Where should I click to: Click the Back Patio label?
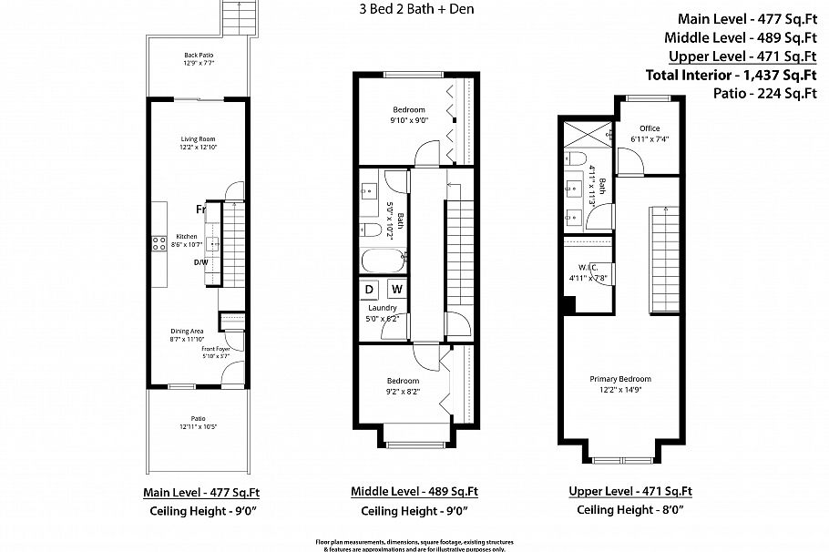point(198,56)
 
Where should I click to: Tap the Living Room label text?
point(198,139)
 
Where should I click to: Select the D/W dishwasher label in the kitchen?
point(200,263)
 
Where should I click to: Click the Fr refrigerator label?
point(200,210)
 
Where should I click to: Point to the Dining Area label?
point(186,331)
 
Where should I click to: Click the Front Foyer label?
point(216,349)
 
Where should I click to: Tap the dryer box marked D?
point(370,290)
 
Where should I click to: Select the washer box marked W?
point(396,290)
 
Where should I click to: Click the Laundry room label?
point(383,308)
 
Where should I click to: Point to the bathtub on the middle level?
point(381,261)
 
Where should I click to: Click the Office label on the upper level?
point(649,128)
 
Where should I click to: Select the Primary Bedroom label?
point(619,379)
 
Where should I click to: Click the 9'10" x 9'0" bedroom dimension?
point(410,119)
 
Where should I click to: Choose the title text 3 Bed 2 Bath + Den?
point(414,10)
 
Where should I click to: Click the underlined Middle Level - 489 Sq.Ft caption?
point(414,492)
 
